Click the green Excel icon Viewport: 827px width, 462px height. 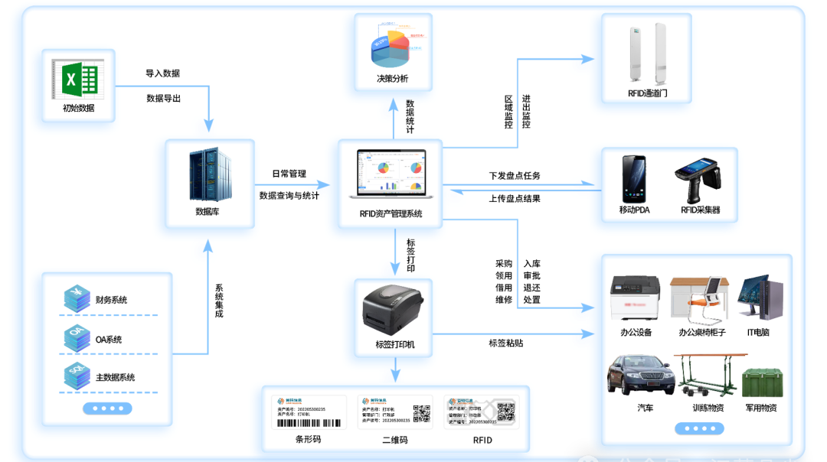[x=79, y=80]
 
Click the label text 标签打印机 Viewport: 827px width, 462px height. [x=394, y=345]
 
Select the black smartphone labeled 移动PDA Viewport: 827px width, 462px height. [x=633, y=179]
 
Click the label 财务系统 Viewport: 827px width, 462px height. [x=111, y=300]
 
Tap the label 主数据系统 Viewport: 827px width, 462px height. [x=115, y=378]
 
